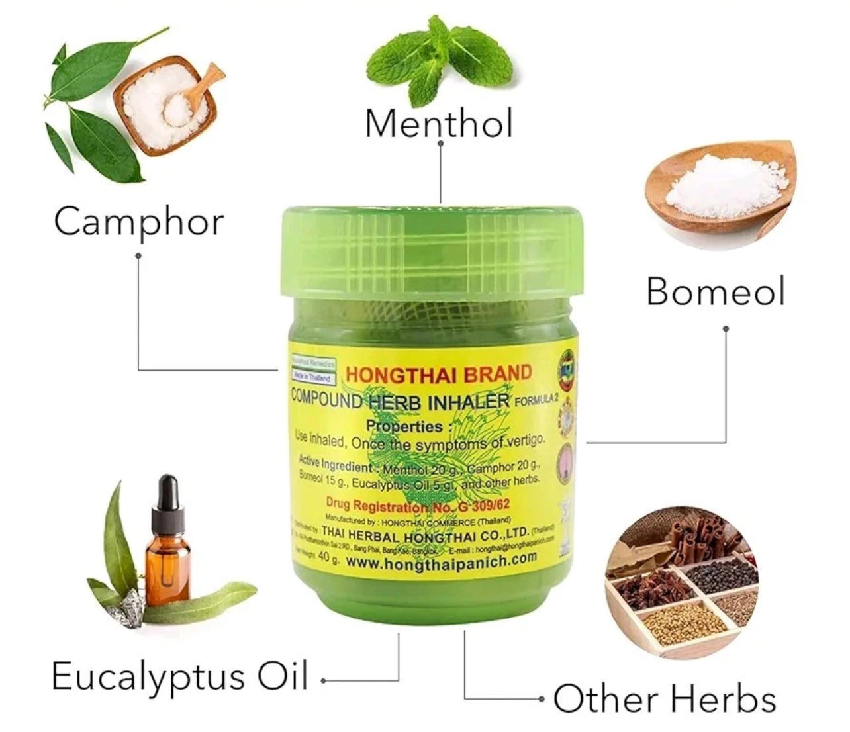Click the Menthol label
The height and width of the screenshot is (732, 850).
point(439,123)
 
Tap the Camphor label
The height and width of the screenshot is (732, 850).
point(138,221)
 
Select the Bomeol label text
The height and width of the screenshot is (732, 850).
point(715,291)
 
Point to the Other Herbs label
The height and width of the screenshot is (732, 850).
point(664,700)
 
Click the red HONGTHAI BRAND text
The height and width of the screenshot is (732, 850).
point(439,374)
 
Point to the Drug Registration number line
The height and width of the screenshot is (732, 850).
point(418,506)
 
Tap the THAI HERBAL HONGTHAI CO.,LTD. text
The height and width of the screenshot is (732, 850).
point(424,532)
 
